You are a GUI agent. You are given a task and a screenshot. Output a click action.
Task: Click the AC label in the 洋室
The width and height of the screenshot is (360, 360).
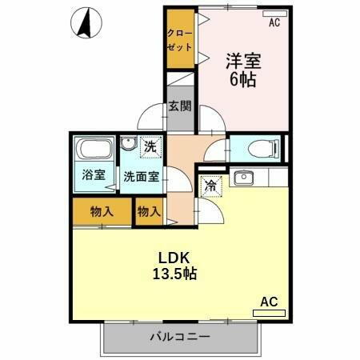274,23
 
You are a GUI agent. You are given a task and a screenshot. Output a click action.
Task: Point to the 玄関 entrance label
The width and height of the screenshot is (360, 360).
179,105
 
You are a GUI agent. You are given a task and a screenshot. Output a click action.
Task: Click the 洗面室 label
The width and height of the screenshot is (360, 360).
139,177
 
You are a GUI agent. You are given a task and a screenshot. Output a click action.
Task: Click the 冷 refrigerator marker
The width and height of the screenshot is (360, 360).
210,184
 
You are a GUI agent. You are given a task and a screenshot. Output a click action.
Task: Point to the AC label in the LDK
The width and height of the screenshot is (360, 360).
269,302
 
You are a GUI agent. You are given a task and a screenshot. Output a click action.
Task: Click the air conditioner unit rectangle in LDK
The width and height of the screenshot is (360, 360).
268,313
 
